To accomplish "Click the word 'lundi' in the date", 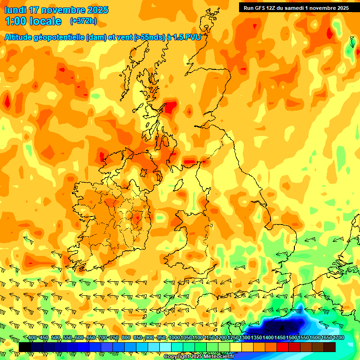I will coord(15,10).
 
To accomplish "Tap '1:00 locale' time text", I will coord(33,21).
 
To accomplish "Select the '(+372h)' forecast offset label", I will coord(83,21).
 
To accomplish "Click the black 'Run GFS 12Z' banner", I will coord(296,7).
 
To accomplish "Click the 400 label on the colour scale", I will coord(32,338).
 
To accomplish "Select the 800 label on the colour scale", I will coord(126,338).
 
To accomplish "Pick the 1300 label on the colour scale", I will coord(245,338).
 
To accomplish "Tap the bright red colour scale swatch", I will coord(283,347).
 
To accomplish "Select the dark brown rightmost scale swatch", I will coord(330,347).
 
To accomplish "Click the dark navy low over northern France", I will coord(281,327).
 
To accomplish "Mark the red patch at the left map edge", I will coord(7,101).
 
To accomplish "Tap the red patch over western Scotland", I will coord(171,107).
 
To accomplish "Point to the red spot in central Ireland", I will coord(137,217).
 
